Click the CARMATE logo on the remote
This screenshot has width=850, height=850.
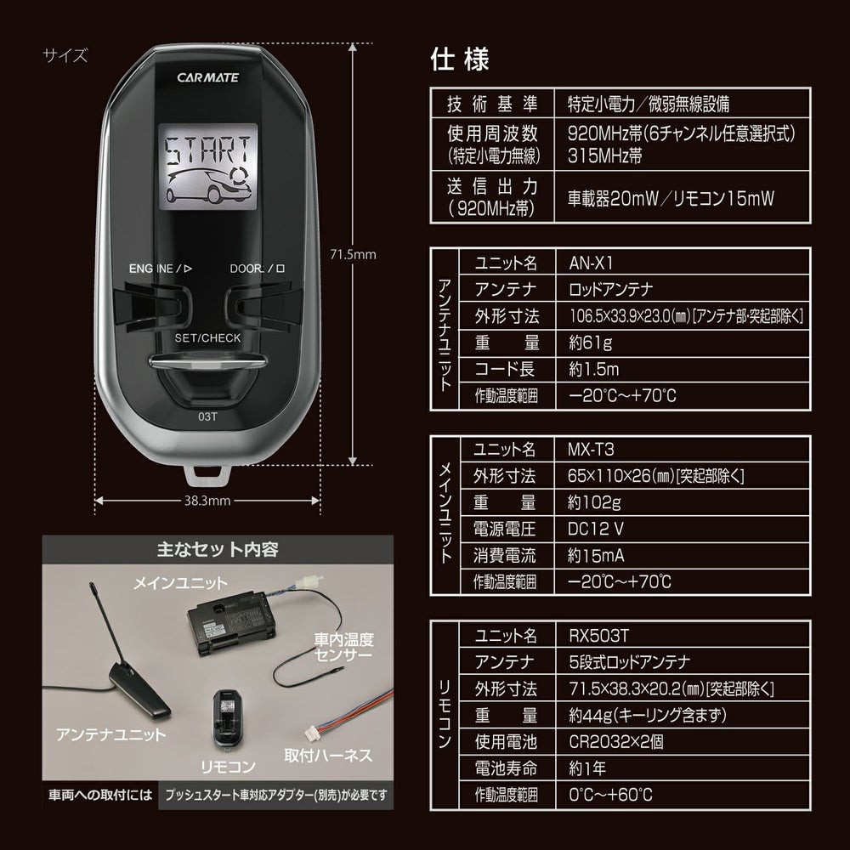tap(208, 76)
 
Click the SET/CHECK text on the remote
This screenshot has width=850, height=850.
tap(207, 337)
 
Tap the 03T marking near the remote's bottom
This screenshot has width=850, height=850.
tap(207, 416)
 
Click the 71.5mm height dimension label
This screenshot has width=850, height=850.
tap(352, 253)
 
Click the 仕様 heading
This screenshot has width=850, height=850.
tap(460, 60)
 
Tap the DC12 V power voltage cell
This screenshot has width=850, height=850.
tap(596, 529)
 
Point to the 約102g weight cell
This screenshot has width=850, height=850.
tap(590, 501)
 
